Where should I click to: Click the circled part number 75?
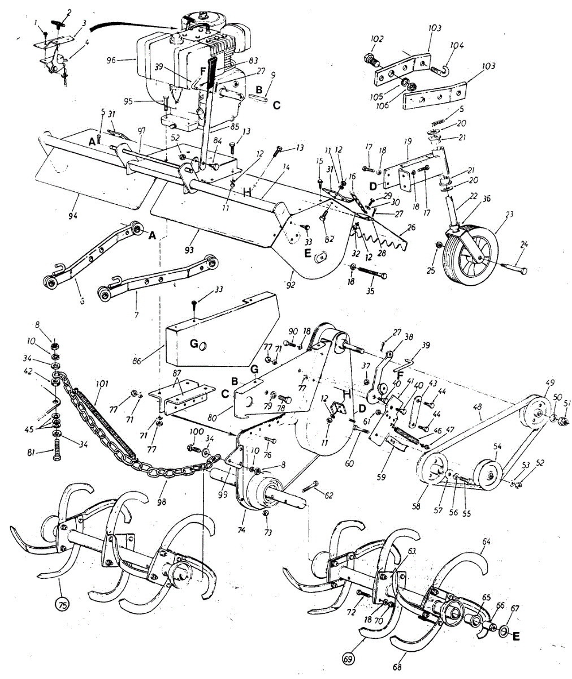62,604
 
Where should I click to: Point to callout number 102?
376,39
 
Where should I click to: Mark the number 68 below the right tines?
397,668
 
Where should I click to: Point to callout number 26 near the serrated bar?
411,226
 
